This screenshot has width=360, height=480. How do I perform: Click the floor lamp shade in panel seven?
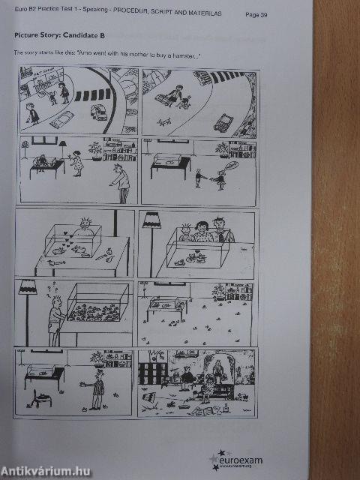click(x=30, y=285)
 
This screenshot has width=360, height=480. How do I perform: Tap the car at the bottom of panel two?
click(x=223, y=122)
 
